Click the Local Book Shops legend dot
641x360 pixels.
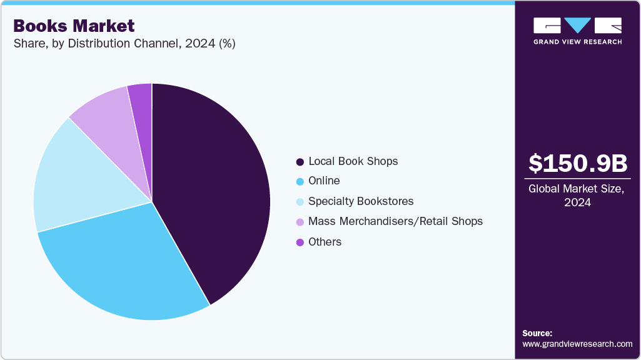click(300, 162)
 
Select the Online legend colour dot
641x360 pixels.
click(300, 182)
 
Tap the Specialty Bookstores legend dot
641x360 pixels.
click(300, 202)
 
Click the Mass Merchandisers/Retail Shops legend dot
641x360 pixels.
click(300, 222)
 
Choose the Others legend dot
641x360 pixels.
click(300, 242)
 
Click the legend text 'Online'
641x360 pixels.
click(324, 181)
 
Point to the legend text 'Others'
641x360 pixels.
click(325, 242)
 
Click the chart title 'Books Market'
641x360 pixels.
click(74, 26)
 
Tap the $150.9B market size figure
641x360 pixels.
click(577, 163)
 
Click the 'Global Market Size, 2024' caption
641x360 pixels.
click(577, 196)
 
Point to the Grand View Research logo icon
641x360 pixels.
click(577, 26)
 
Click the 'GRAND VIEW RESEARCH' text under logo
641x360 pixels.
click(577, 42)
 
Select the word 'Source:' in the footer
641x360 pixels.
click(537, 334)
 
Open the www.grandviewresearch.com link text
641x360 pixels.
click(577, 344)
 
